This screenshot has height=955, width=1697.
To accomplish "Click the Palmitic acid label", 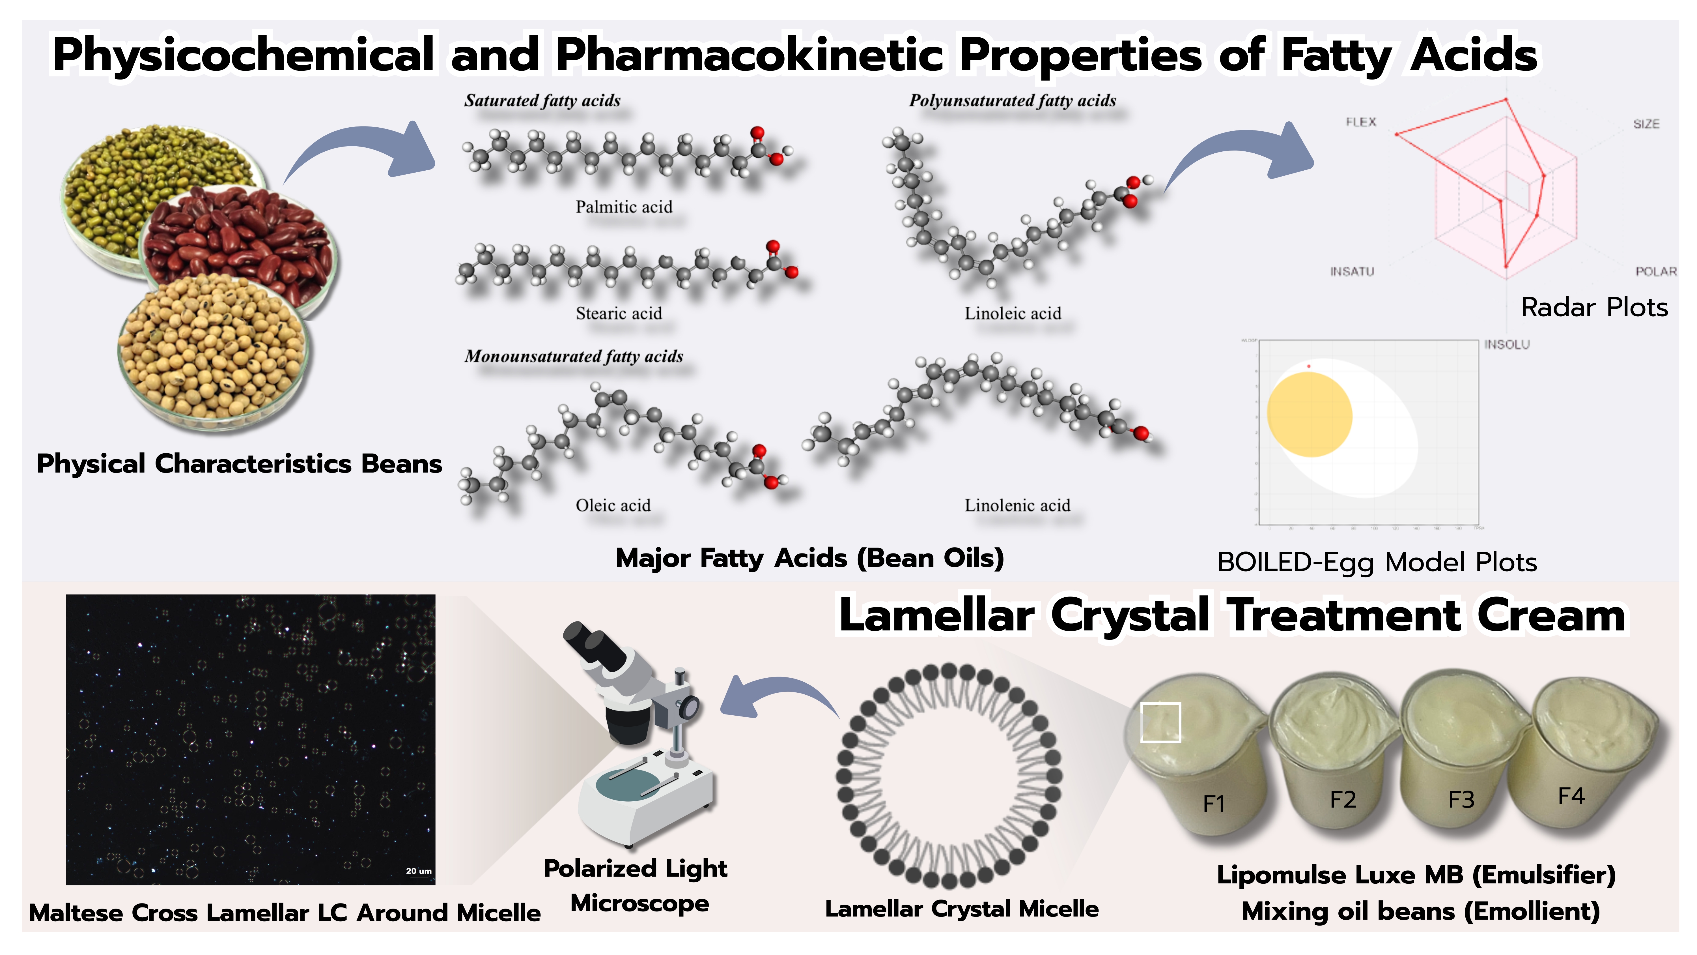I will pyautogui.click(x=624, y=207).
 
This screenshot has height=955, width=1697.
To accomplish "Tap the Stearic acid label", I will pyautogui.click(x=619, y=314).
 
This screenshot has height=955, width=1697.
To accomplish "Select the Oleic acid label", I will pyautogui.click(x=613, y=505).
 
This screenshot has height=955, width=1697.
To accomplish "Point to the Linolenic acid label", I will pyautogui.click(x=1017, y=505).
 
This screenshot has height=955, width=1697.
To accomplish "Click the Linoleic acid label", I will pyautogui.click(x=1013, y=314).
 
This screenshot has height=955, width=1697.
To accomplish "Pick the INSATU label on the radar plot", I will pyautogui.click(x=1352, y=272).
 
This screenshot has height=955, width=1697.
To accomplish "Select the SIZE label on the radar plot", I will pyautogui.click(x=1646, y=124).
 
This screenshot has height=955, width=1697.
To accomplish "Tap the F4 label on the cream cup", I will pyautogui.click(x=1571, y=796).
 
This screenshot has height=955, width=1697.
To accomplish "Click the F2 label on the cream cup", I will pyautogui.click(x=1343, y=799).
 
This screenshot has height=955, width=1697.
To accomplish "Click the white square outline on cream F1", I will pyautogui.click(x=1160, y=722).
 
